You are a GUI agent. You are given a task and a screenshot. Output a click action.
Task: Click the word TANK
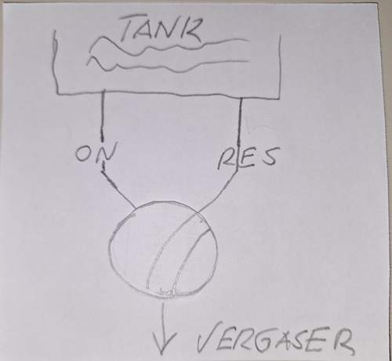(x=162, y=30)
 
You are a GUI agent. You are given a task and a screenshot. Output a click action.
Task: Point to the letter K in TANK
(x=190, y=31)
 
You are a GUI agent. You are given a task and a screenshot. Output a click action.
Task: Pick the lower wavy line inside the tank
(x=167, y=65)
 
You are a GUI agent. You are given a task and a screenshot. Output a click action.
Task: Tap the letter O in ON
(x=85, y=154)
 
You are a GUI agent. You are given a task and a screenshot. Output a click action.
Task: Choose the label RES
(x=247, y=158)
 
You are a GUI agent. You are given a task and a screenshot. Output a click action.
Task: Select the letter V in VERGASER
(x=205, y=338)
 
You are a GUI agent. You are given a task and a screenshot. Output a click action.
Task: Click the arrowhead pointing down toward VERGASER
(x=163, y=344)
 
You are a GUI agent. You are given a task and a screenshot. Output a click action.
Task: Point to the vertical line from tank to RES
(x=240, y=123)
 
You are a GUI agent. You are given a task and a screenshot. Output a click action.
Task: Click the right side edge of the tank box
(x=280, y=67)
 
